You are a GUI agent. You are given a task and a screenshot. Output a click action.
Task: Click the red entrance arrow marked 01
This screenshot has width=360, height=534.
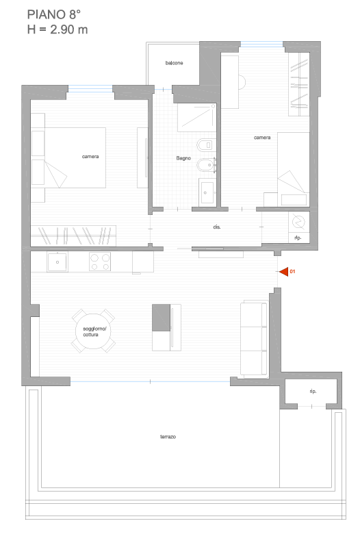click(x=284, y=271)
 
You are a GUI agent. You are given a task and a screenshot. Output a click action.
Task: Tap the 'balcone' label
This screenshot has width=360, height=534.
click(x=174, y=63)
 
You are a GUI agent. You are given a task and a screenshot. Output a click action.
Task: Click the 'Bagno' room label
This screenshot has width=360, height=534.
click(x=183, y=158)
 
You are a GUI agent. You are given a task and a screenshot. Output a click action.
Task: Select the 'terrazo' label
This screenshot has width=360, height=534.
click(x=168, y=437)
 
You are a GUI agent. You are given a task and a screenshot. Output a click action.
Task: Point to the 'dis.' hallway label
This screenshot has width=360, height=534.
click(x=217, y=227)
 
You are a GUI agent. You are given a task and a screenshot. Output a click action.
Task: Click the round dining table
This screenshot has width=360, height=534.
click(x=93, y=331)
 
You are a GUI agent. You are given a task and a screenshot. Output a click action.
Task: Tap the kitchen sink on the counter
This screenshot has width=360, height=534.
click(x=57, y=262)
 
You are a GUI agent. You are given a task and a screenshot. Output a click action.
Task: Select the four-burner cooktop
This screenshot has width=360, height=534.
click(x=100, y=262)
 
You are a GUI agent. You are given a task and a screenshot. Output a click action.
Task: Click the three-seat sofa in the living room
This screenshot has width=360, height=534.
click(x=254, y=338)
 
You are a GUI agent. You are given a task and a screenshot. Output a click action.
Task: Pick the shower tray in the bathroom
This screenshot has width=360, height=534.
click(x=197, y=118)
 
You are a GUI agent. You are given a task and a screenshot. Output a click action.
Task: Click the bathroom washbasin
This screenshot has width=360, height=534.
click(x=207, y=192)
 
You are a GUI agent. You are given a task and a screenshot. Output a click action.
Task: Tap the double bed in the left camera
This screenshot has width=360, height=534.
click(x=68, y=157)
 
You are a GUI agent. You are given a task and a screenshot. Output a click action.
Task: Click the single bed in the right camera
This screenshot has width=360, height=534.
click(x=293, y=169)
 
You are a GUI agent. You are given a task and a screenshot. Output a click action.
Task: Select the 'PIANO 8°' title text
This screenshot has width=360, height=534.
click(x=54, y=14)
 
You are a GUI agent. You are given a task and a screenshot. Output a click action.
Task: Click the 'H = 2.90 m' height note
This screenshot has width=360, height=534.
click(x=57, y=29)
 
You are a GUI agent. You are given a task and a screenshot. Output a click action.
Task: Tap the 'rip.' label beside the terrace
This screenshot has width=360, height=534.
click(x=313, y=392)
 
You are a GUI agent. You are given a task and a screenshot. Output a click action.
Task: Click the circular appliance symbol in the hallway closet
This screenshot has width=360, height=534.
click(x=298, y=222)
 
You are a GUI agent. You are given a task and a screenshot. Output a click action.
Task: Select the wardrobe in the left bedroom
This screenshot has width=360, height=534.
click(x=73, y=236)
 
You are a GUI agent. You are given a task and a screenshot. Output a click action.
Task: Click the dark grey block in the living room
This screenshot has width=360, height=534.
click(x=161, y=318)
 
